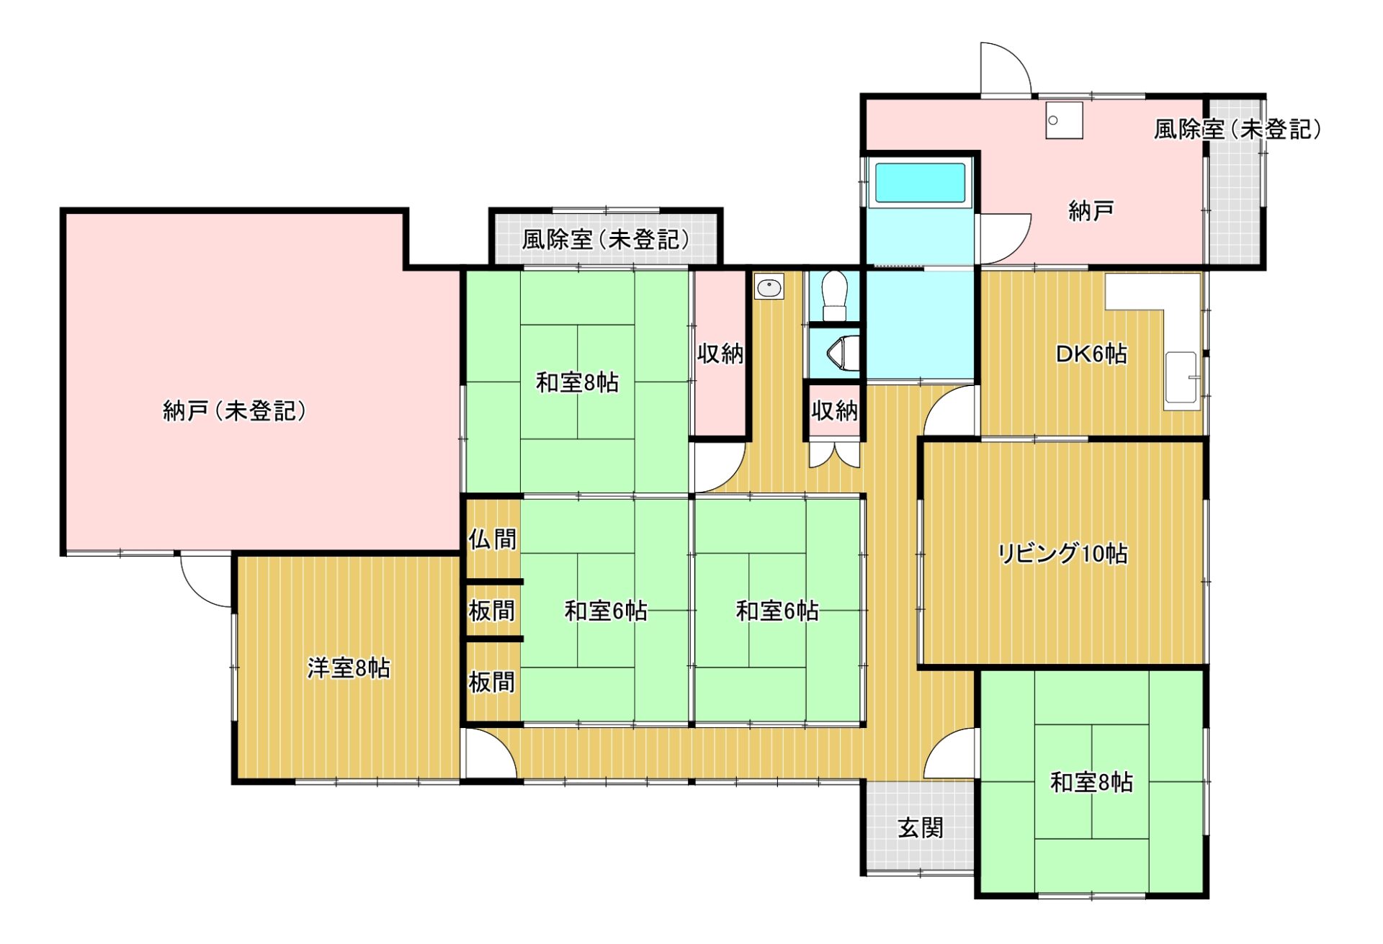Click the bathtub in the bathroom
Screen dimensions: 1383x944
coord(920,183)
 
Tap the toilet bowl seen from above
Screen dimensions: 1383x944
coord(835,295)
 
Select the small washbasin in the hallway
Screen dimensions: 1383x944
coord(769,287)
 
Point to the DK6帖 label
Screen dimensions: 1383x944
coord(1091,354)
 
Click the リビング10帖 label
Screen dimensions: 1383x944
coord(1062,553)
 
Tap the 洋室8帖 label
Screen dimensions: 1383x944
coord(349,667)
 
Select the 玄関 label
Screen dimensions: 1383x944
coord(921,828)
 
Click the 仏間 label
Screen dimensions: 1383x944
coord(493,539)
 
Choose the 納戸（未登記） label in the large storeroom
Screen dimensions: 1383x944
coord(235,410)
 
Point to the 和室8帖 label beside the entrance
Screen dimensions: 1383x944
coord(1091,782)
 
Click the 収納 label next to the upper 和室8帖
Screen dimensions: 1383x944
coord(720,354)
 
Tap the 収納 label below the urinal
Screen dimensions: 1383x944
coord(835,410)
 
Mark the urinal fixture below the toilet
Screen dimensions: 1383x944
coord(843,354)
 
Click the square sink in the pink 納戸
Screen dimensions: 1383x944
coord(1065,120)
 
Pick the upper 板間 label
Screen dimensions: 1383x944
coord(492,611)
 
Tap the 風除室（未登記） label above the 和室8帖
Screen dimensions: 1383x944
coord(606,239)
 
